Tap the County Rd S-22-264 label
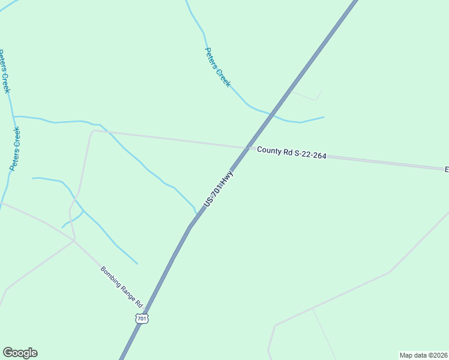point(292,153)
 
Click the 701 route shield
point(142,319)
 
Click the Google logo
point(20,353)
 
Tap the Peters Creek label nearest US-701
point(217,67)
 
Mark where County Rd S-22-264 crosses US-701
point(247,148)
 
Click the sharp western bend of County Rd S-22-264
point(94,131)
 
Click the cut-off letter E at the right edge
point(446,169)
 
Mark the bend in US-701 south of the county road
point(190,227)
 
